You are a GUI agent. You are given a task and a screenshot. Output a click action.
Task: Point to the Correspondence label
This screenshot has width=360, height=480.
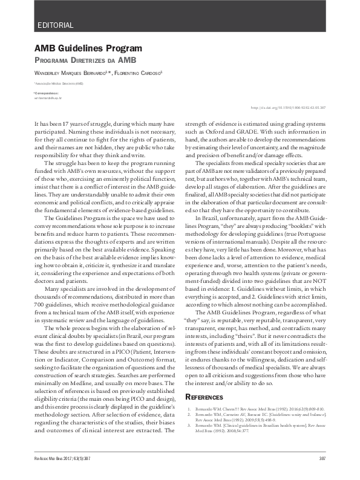coord(46,93)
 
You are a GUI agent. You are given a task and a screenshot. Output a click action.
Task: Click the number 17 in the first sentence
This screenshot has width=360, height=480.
coord(71,123)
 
